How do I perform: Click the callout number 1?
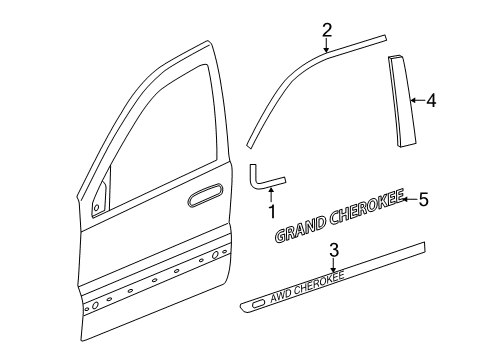[270, 211]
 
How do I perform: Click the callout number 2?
[326, 31]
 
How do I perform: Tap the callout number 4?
[431, 100]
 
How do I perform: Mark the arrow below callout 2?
[326, 46]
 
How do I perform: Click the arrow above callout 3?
[334, 264]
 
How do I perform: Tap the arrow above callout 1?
[270, 196]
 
